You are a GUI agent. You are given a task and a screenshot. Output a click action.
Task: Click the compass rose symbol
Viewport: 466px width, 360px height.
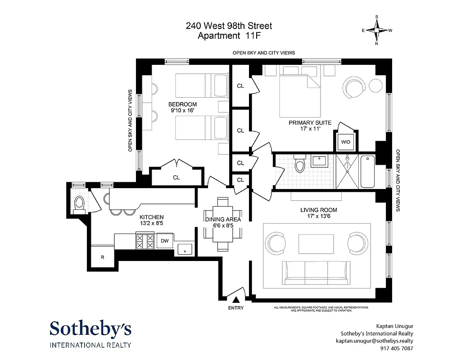377,31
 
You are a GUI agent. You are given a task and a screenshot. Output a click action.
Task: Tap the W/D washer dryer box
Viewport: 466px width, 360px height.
345,142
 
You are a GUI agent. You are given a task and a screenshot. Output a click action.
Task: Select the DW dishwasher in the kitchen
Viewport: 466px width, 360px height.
165,241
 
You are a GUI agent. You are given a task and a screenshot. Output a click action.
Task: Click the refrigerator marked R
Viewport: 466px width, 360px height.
103,257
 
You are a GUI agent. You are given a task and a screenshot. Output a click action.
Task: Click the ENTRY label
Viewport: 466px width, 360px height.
235,308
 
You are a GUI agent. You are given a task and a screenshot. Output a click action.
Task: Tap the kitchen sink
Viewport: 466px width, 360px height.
185,249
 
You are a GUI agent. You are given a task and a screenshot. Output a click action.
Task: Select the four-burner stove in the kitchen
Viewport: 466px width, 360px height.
145,241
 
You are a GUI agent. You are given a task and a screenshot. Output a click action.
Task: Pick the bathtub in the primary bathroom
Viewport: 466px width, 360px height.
367,171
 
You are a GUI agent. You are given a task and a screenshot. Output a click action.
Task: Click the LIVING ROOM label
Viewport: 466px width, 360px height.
318,210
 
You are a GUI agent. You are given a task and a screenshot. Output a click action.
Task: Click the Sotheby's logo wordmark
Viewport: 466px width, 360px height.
90,328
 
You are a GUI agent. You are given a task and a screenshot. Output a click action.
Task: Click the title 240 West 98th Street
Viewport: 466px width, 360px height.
229,26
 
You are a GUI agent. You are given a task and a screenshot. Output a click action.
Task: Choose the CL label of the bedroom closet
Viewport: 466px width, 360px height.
176,178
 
